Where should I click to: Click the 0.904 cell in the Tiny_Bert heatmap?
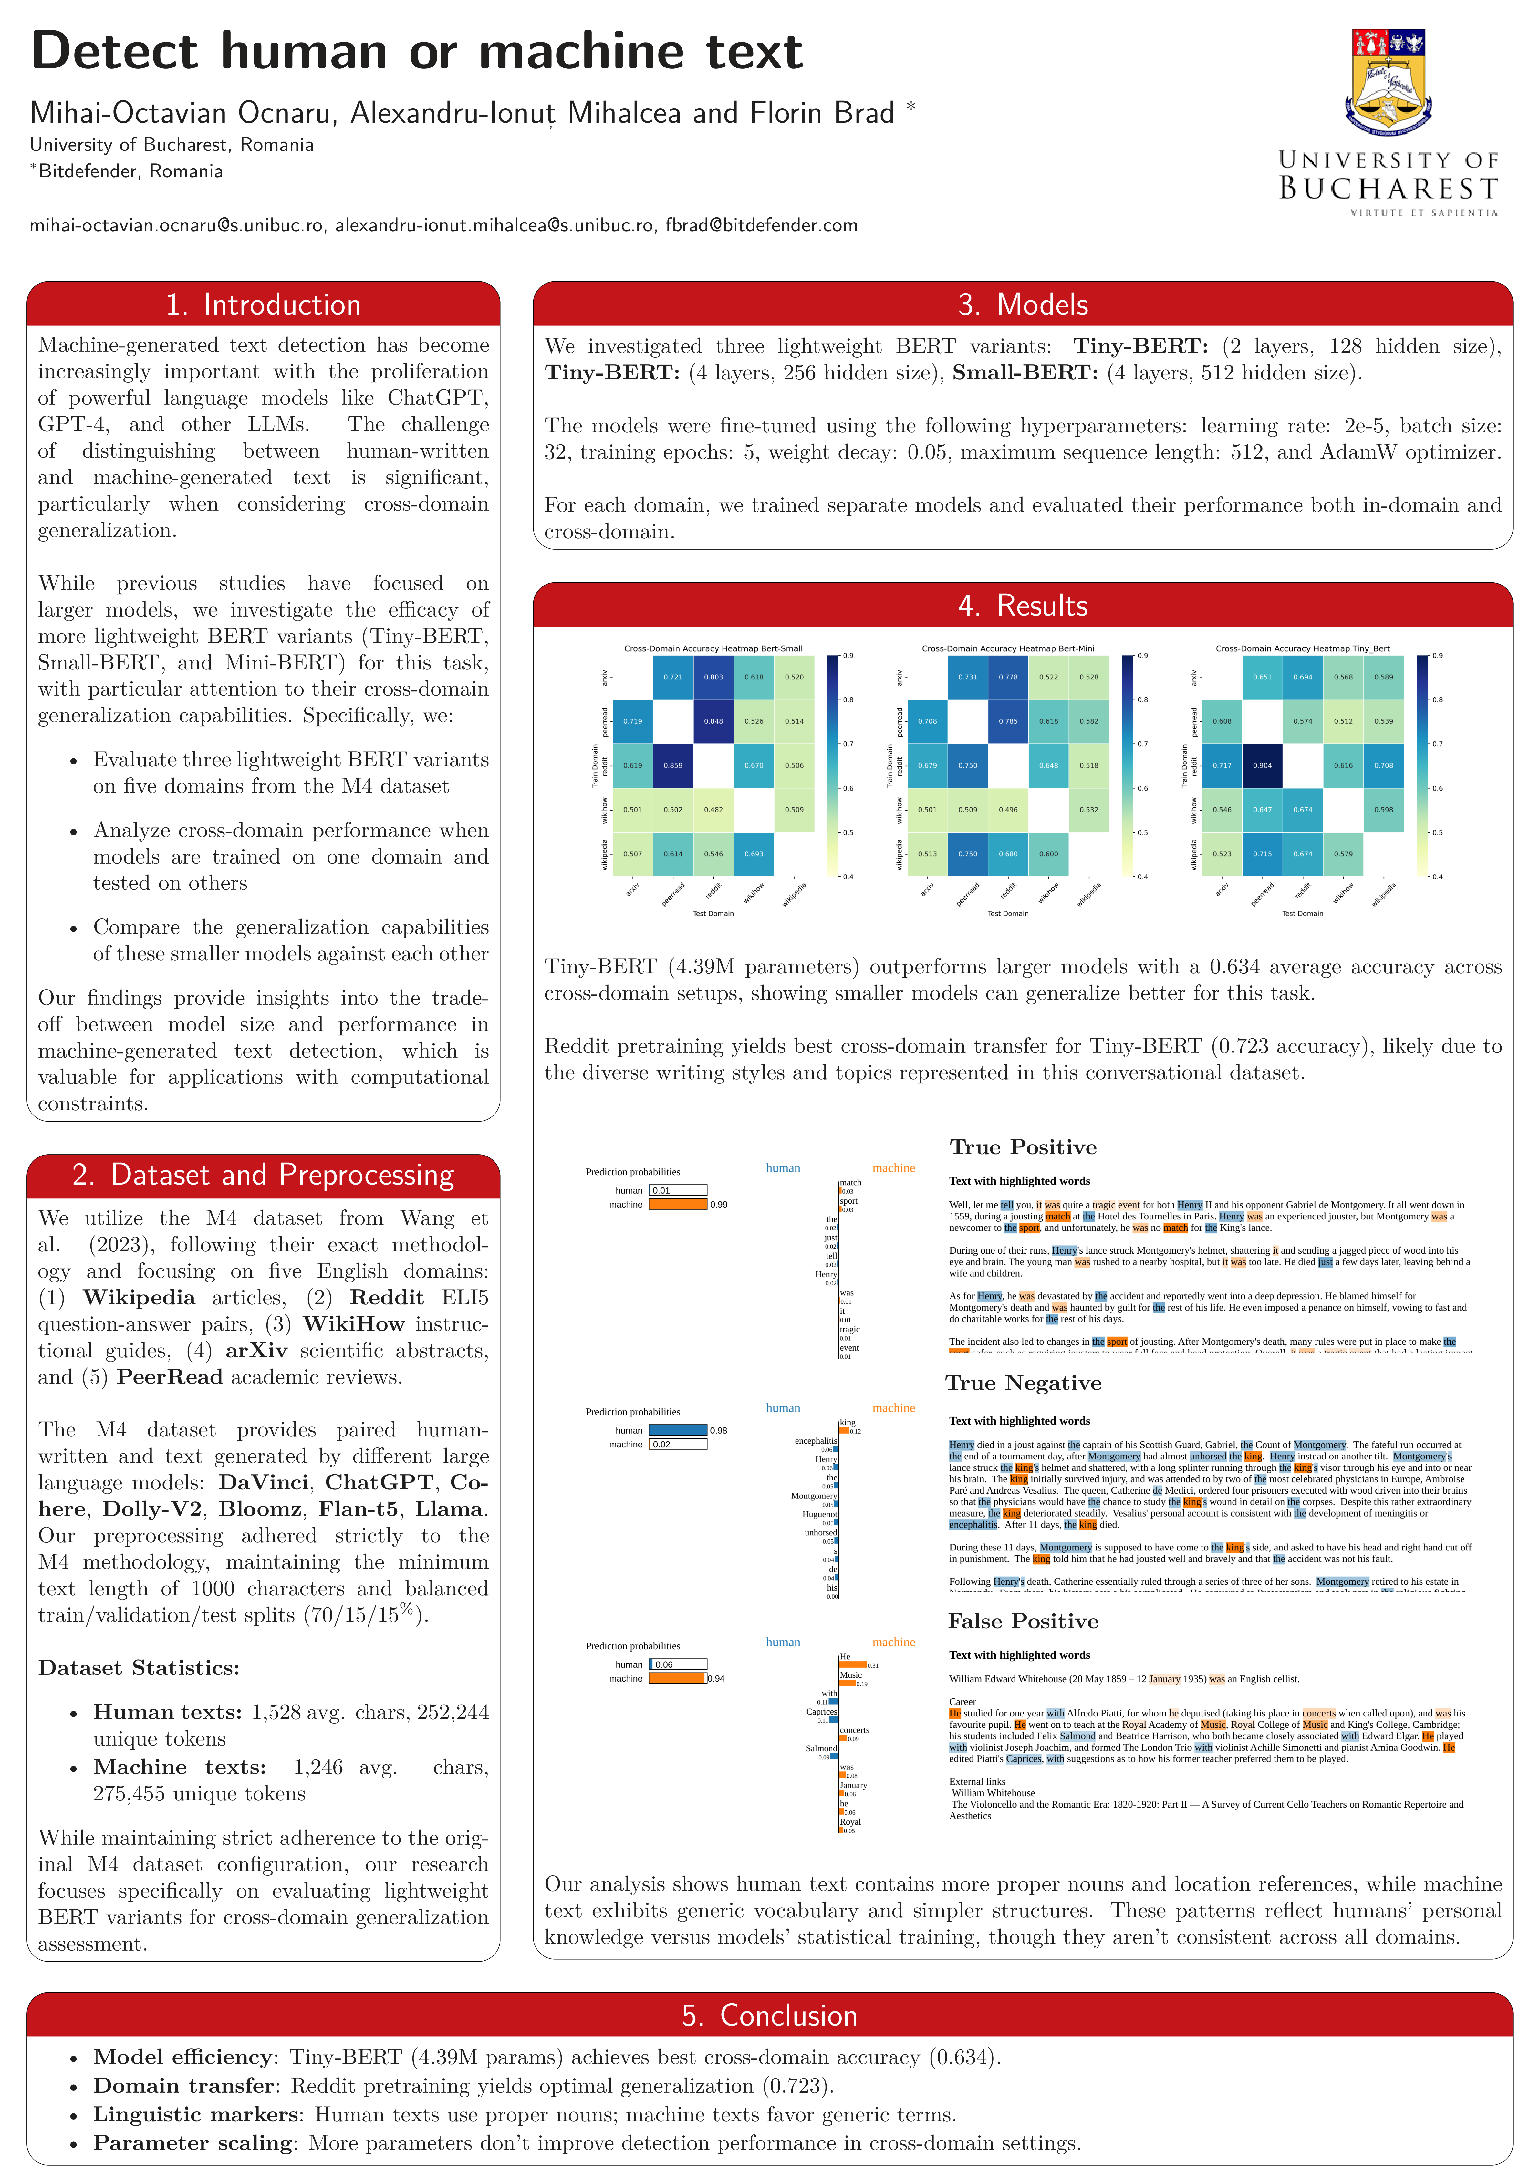pos(1262,765)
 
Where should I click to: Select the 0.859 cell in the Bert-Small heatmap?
pos(672,765)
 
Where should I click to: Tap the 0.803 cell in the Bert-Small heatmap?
pos(713,677)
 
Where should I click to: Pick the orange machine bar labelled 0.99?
pos(677,1204)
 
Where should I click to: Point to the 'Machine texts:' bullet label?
pos(179,1768)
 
